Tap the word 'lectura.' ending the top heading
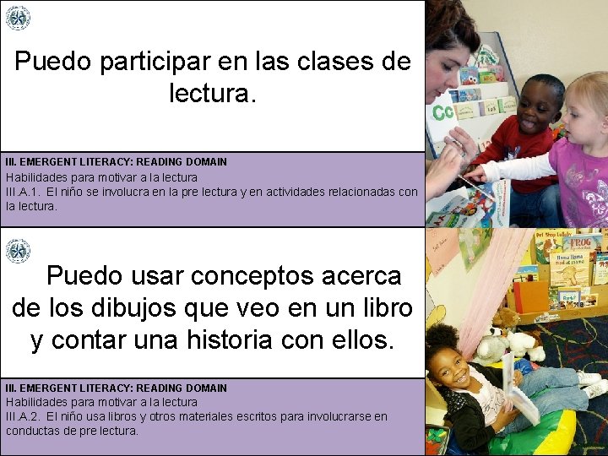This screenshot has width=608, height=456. (211, 94)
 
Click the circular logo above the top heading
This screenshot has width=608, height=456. (18, 18)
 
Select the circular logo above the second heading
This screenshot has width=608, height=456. (18, 251)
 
